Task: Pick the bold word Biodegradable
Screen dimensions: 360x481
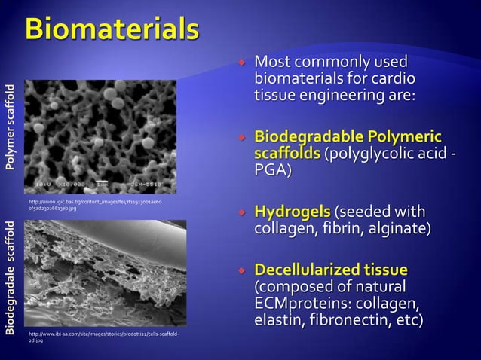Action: [x=308, y=137]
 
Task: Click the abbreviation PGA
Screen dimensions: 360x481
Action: [x=271, y=172]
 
